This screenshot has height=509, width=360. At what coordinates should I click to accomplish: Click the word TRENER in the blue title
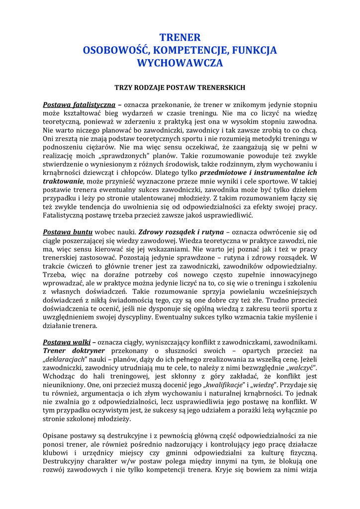[180, 38]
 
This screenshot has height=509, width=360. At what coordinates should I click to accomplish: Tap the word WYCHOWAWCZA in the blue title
[180, 64]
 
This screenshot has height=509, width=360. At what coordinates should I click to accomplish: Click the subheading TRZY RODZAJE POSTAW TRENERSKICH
[180, 87]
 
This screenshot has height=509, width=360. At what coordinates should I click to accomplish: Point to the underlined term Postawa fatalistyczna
[79, 105]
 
